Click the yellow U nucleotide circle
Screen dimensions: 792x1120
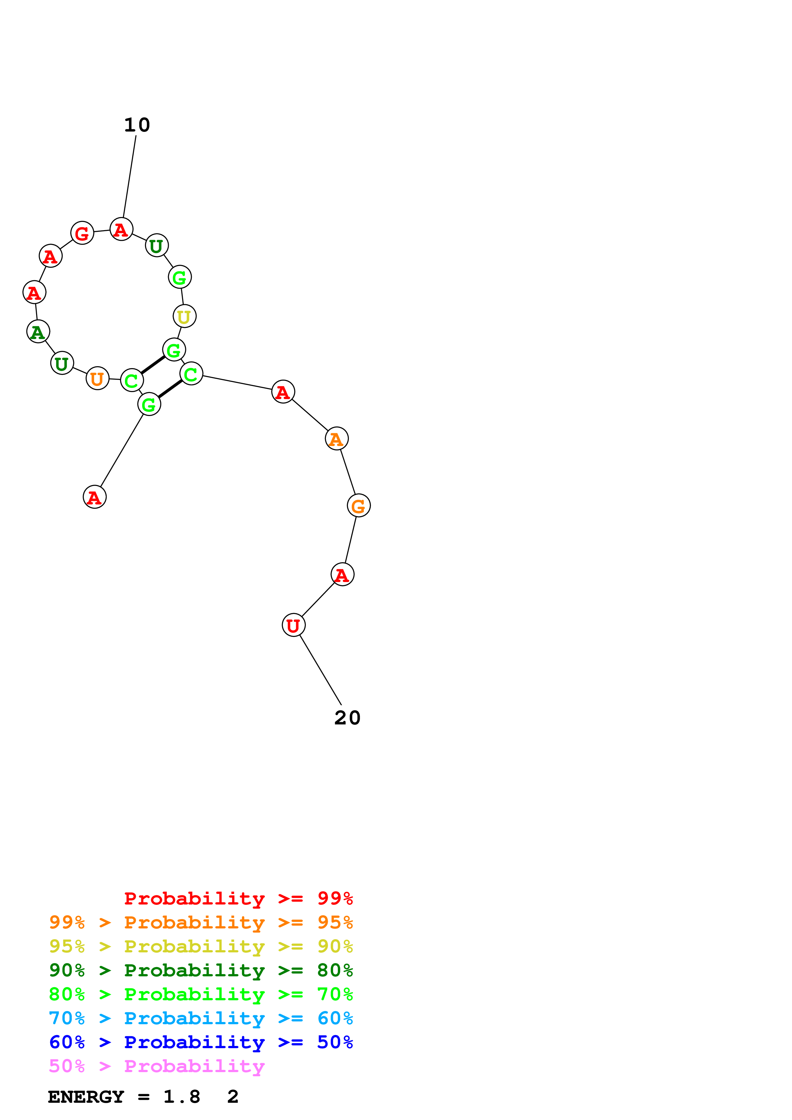pyautogui.click(x=184, y=316)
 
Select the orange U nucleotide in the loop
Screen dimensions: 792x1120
pyautogui.click(x=97, y=378)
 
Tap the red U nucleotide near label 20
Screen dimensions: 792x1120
pyautogui.click(x=293, y=625)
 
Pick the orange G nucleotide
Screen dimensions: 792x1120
pyautogui.click(x=359, y=505)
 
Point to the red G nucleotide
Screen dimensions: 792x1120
pyautogui.click(x=82, y=233)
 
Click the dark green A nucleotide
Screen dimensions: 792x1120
pyautogui.click(x=38, y=332)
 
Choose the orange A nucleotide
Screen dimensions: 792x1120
pyautogui.click(x=336, y=439)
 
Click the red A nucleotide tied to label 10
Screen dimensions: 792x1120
pyautogui.click(x=121, y=229)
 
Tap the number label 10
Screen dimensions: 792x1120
pyautogui.click(x=137, y=125)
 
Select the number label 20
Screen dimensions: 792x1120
pyautogui.click(x=347, y=718)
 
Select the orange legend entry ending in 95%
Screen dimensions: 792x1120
pyautogui.click(x=201, y=922)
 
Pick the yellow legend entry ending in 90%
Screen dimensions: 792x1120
pyautogui.click(x=201, y=946)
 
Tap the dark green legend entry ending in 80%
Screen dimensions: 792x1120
pyautogui.click(x=201, y=970)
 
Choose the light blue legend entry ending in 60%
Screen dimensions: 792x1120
pyautogui.click(x=201, y=1018)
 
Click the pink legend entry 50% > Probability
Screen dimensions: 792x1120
pyautogui.click(x=157, y=1066)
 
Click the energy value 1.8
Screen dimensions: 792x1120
pyautogui.click(x=181, y=1097)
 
